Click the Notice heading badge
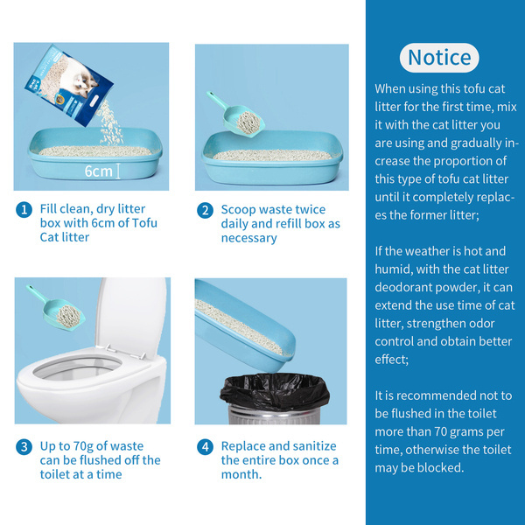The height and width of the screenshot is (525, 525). click(439, 58)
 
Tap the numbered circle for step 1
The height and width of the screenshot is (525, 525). click(24, 210)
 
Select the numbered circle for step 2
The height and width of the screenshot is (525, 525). click(205, 211)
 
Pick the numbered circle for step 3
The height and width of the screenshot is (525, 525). click(24, 447)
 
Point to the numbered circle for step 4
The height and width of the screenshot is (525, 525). click(205, 447)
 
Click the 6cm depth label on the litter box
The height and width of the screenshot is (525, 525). click(98, 171)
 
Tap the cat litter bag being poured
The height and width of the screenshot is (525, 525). click(68, 85)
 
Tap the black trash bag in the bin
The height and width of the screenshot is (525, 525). click(275, 391)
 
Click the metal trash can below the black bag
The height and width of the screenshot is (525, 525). click(275, 415)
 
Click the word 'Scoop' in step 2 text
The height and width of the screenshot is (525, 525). click(238, 210)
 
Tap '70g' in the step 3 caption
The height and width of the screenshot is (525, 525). click(91, 446)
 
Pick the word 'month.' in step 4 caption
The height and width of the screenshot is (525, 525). click(241, 474)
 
